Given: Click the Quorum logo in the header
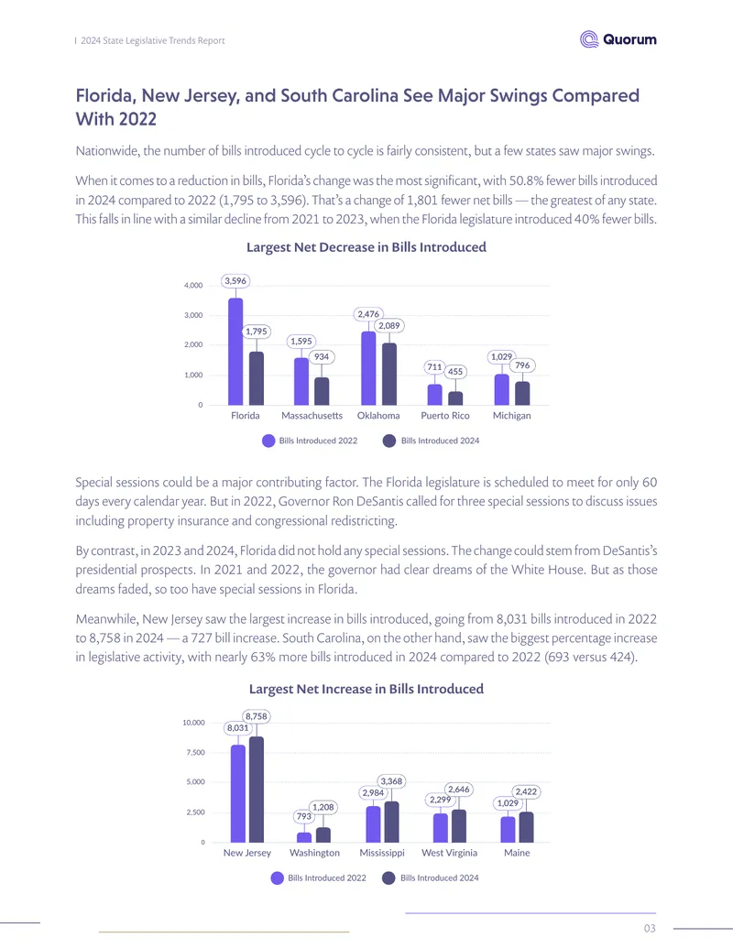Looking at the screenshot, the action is click(618, 39).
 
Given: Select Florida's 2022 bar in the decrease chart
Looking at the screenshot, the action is click(235, 352).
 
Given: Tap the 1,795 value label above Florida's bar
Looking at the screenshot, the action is click(256, 332).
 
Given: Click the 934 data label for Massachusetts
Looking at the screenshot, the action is click(321, 356).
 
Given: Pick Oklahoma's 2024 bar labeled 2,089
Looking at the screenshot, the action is click(389, 375).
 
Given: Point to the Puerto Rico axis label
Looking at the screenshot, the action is click(445, 415).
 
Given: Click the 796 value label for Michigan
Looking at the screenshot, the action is click(522, 365).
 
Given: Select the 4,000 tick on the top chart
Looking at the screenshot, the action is click(193, 286).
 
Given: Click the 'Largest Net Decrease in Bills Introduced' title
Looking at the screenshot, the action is click(366, 246).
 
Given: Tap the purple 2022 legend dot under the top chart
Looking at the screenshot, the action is click(268, 441).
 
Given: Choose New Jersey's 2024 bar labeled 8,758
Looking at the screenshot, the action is click(257, 789).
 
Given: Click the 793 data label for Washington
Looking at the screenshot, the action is click(303, 816).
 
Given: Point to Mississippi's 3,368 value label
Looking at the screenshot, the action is click(391, 781).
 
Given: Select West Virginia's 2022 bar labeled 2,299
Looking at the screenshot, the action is click(441, 828).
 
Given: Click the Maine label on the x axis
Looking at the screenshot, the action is click(517, 853).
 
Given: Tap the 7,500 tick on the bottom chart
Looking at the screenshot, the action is click(194, 752).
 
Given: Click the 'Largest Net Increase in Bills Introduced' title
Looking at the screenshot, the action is click(366, 689).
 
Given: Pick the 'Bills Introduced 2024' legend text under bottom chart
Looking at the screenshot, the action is click(440, 877).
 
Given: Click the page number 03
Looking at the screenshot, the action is click(650, 928).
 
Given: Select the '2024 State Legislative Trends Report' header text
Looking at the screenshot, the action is click(153, 40).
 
